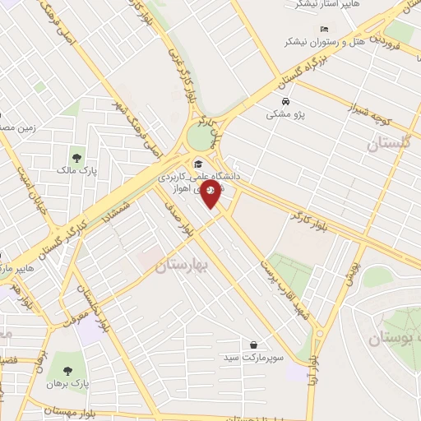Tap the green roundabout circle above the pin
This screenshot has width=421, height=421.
(x=201, y=137)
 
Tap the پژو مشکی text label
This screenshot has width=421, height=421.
(x=285, y=114)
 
